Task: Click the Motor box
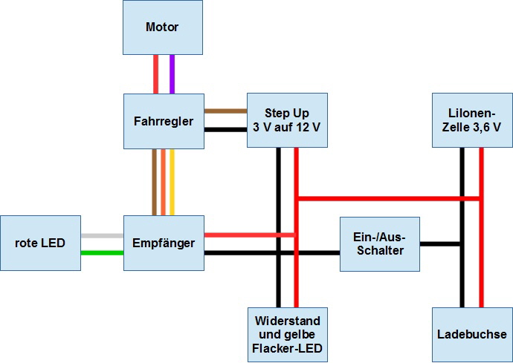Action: pyautogui.click(x=162, y=27)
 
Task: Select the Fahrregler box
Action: pyautogui.click(x=164, y=120)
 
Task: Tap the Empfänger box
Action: pyautogui.click(x=164, y=243)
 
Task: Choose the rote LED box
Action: pyautogui.click(x=39, y=243)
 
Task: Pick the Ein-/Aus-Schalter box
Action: pyautogui.click(x=379, y=243)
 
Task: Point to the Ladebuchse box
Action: pyautogui.click(x=472, y=334)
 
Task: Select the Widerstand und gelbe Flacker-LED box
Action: pyautogui.click(x=287, y=334)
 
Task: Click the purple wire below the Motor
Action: pyautogui.click(x=172, y=73)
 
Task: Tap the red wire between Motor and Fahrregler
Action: pyautogui.click(x=155, y=73)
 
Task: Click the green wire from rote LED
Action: pyautogui.click(x=102, y=252)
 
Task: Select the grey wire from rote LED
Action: pyautogui.click(x=102, y=235)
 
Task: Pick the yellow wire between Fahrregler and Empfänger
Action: pyautogui.click(x=172, y=182)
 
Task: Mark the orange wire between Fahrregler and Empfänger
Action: pyautogui.click(x=164, y=182)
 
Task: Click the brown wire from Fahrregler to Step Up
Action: pyautogui.click(x=225, y=111)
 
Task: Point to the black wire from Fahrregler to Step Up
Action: pyautogui.click(x=225, y=129)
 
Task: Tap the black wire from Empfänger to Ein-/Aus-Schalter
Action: pyautogui.click(x=271, y=252)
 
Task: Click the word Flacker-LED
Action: pyautogui.click(x=287, y=347)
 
